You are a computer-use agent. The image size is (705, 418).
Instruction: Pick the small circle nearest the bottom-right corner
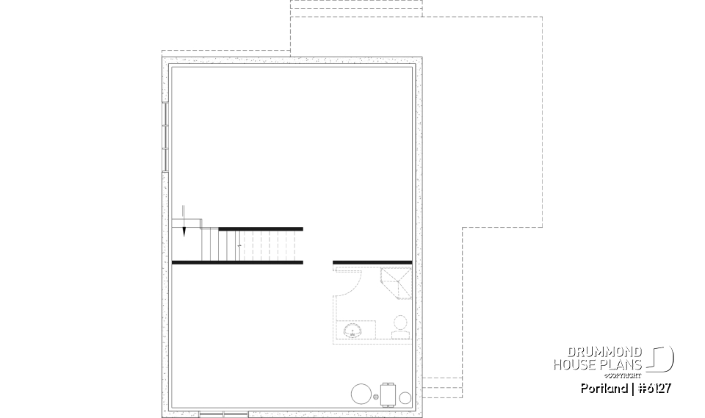(405, 397)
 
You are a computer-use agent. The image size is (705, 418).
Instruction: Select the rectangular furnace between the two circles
(388, 394)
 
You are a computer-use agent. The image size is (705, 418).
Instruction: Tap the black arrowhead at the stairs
(184, 231)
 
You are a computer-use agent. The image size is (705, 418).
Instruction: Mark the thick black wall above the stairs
(261, 228)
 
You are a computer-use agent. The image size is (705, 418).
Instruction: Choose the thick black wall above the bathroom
(372, 262)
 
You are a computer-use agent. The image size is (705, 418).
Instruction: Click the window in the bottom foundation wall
(224, 414)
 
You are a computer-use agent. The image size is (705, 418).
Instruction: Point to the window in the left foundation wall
(165, 137)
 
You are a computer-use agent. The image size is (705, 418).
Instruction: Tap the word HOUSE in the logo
(576, 364)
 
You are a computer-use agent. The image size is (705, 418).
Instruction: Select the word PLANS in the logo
(622, 364)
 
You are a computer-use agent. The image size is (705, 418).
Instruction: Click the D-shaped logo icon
(661, 358)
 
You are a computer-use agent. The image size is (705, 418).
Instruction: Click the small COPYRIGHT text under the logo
(629, 375)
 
